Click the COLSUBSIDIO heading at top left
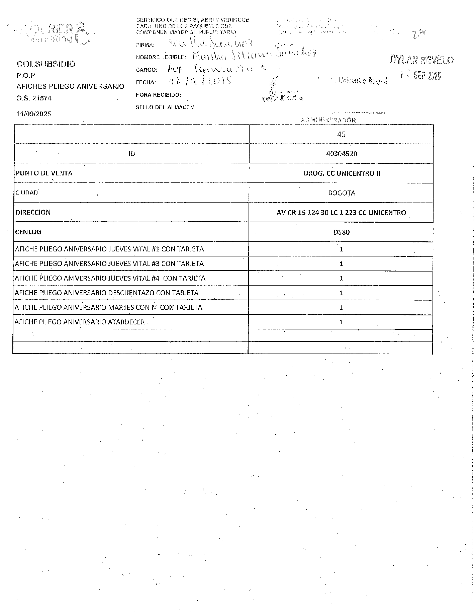coord(46,64)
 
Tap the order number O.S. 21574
coord(34,98)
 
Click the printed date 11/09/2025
coord(34,114)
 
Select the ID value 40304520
coord(342,154)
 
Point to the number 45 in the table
coord(342,134)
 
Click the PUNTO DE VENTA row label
coord(44,173)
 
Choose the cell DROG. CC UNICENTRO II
coord(342,173)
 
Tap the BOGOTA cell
coord(342,193)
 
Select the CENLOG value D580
coord(342,232)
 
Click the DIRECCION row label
coord(33,212)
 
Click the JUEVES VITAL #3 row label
coord(109,264)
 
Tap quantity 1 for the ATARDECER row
coord(341,322)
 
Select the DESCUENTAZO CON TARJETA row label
coord(107,293)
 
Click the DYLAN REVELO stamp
coord(421,60)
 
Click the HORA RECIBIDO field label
coord(158,95)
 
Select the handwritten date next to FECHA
coord(200,81)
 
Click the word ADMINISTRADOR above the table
coord(328,120)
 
